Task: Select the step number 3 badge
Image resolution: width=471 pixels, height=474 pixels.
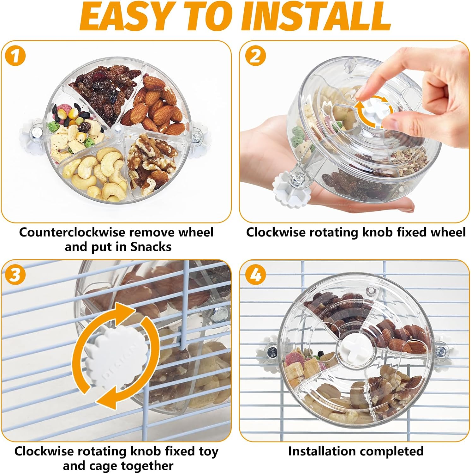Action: pos(15,275)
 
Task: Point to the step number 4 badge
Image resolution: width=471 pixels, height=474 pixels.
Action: pos(255,275)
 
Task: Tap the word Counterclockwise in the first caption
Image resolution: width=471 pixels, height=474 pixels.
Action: pos(72,232)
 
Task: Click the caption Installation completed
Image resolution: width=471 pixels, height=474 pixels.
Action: pos(356,451)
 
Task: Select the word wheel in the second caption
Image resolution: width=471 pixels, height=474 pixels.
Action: pos(449,232)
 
